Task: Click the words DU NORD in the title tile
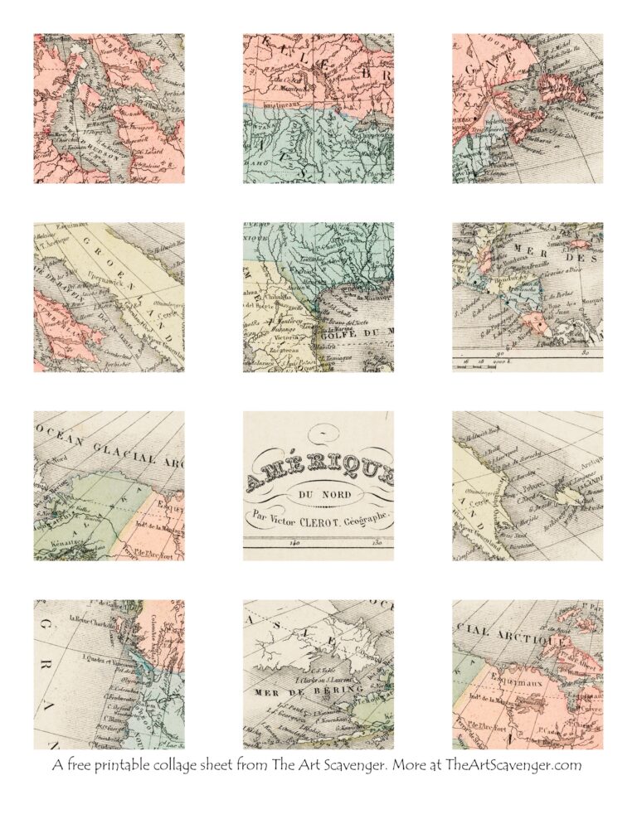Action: coord(318,495)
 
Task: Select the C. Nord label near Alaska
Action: coord(58,460)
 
